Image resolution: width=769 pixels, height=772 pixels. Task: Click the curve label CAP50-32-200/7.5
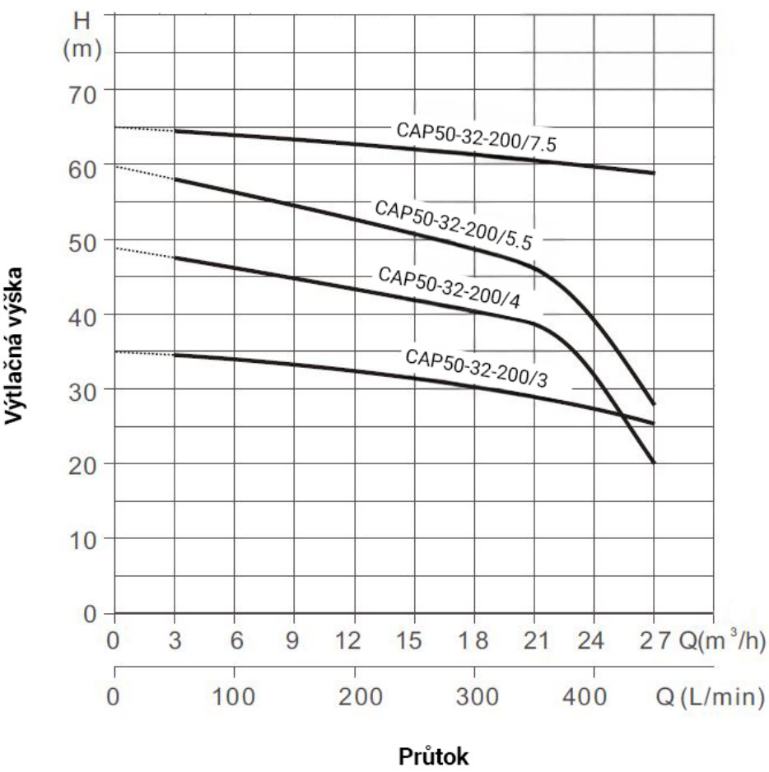tap(477, 137)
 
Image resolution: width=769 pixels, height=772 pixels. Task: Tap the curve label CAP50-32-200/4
tap(449, 288)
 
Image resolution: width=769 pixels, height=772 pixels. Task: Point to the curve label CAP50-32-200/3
tap(477, 369)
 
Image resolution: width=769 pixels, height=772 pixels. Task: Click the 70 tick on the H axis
tap(82, 91)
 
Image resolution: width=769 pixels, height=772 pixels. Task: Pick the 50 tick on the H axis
tap(82, 240)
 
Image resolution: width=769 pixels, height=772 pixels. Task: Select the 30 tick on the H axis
tap(82, 390)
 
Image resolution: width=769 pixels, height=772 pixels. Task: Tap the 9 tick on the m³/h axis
tap(294, 640)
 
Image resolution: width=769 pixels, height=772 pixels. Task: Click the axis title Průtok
tap(435, 755)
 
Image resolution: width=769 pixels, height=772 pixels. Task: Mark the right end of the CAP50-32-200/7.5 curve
tap(654, 173)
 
